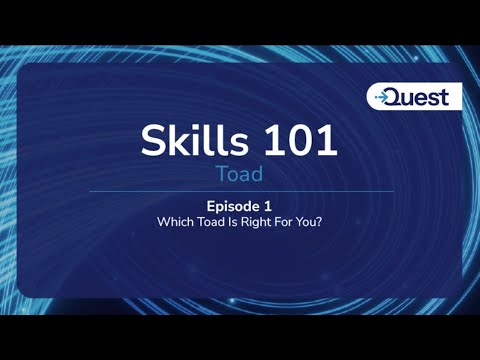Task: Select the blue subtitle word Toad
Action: pos(240,174)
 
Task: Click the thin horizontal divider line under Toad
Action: pos(240,190)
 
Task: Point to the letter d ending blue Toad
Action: pos(258,174)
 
